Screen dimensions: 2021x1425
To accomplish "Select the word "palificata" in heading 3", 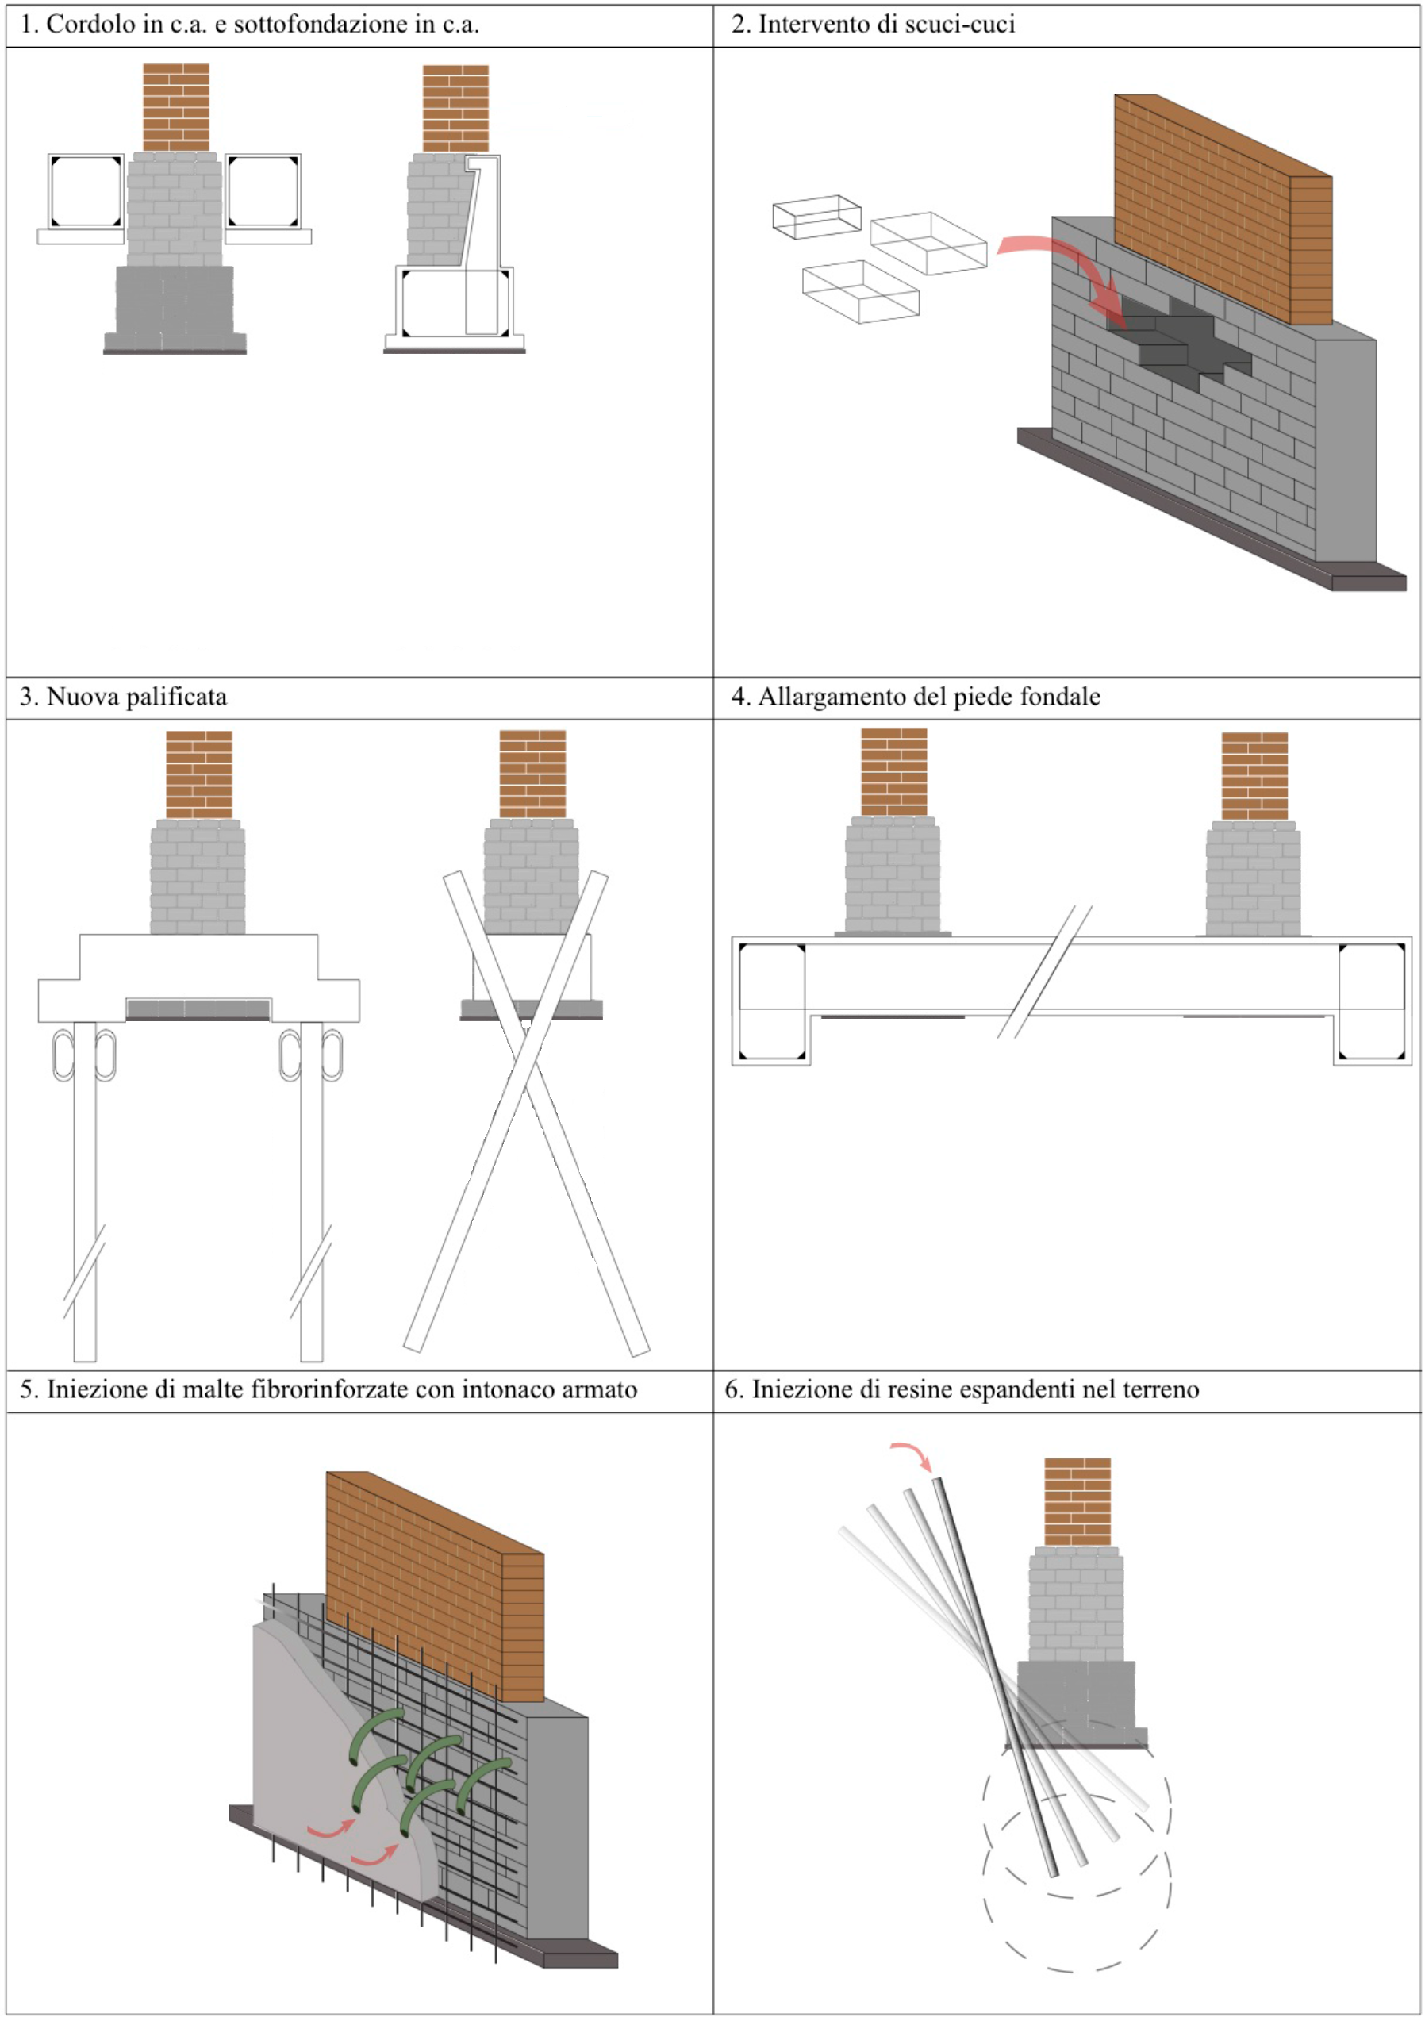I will pyautogui.click(x=179, y=697).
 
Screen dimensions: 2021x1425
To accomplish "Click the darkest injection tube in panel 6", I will pyautogui.click(x=995, y=1673).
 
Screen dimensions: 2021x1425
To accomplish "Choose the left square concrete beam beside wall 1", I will pyautogui.click(x=86, y=192).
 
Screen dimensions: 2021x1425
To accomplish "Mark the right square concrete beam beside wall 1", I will pyautogui.click(x=263, y=192).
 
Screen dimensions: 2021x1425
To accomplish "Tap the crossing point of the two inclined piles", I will pyautogui.click(x=525, y=1056).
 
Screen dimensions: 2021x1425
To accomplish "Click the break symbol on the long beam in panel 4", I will pyautogui.click(x=1044, y=972).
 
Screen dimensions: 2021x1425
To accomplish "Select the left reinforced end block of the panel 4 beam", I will pyautogui.click(x=772, y=1001).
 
